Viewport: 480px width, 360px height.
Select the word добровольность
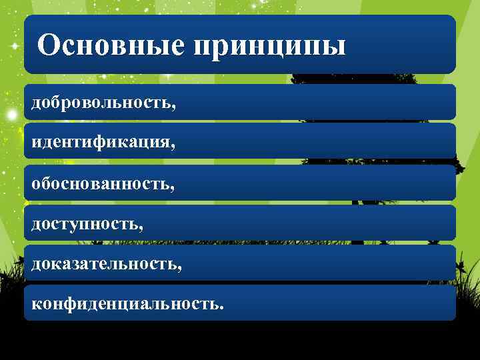102,103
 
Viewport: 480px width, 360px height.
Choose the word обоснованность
101,183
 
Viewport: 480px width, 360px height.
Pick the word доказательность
104,264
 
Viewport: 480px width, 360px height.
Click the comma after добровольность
175,107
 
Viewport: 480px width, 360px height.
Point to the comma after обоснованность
173,187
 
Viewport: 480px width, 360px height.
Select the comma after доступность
141,227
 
